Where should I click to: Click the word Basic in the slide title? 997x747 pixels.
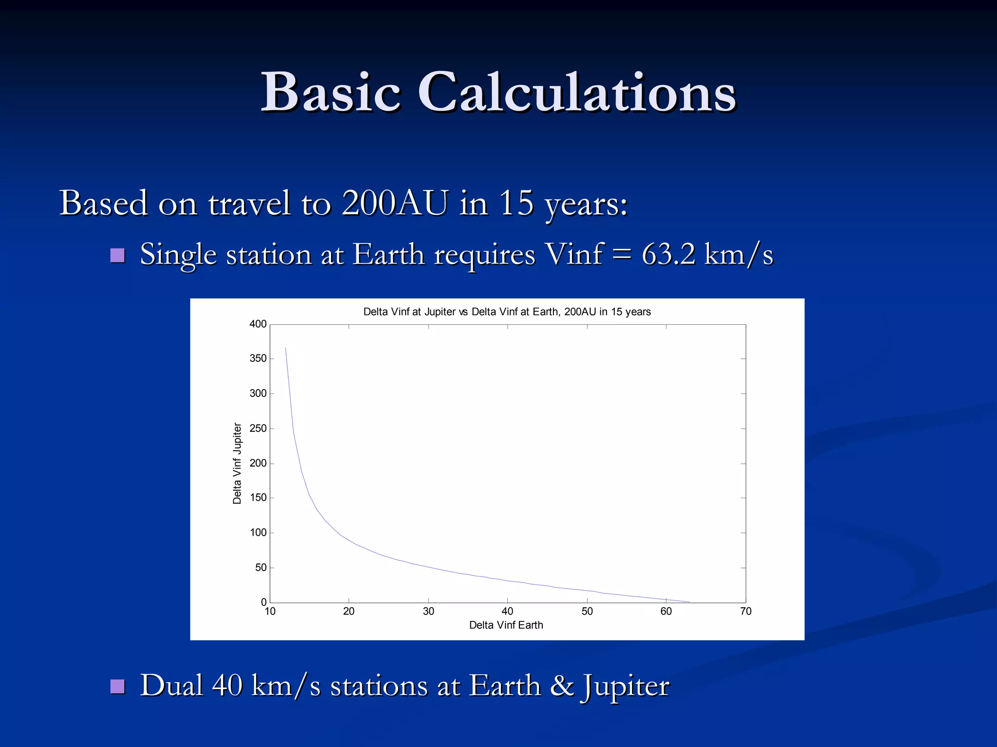click(x=331, y=93)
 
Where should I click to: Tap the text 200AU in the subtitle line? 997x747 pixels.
click(x=394, y=203)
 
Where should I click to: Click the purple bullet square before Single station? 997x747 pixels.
click(x=117, y=255)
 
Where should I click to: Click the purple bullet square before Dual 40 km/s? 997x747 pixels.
click(x=117, y=686)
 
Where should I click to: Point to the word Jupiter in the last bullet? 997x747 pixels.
click(x=625, y=686)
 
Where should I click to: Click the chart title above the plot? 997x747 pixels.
click(x=507, y=312)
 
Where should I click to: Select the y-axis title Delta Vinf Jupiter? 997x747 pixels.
click(x=237, y=463)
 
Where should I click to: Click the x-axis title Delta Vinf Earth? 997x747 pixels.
click(x=506, y=625)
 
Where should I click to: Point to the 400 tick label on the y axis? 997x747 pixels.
click(x=258, y=324)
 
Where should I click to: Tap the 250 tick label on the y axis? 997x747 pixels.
click(x=258, y=429)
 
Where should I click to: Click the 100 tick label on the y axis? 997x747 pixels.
click(x=258, y=533)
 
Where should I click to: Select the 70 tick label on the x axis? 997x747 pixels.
click(x=745, y=612)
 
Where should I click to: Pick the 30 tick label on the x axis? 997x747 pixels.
click(x=428, y=612)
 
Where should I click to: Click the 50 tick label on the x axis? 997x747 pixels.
click(x=587, y=612)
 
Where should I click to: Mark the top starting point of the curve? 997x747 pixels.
click(x=285, y=348)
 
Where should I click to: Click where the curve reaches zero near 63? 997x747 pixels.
click(x=689, y=602)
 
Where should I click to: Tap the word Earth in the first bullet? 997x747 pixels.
click(x=388, y=254)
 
